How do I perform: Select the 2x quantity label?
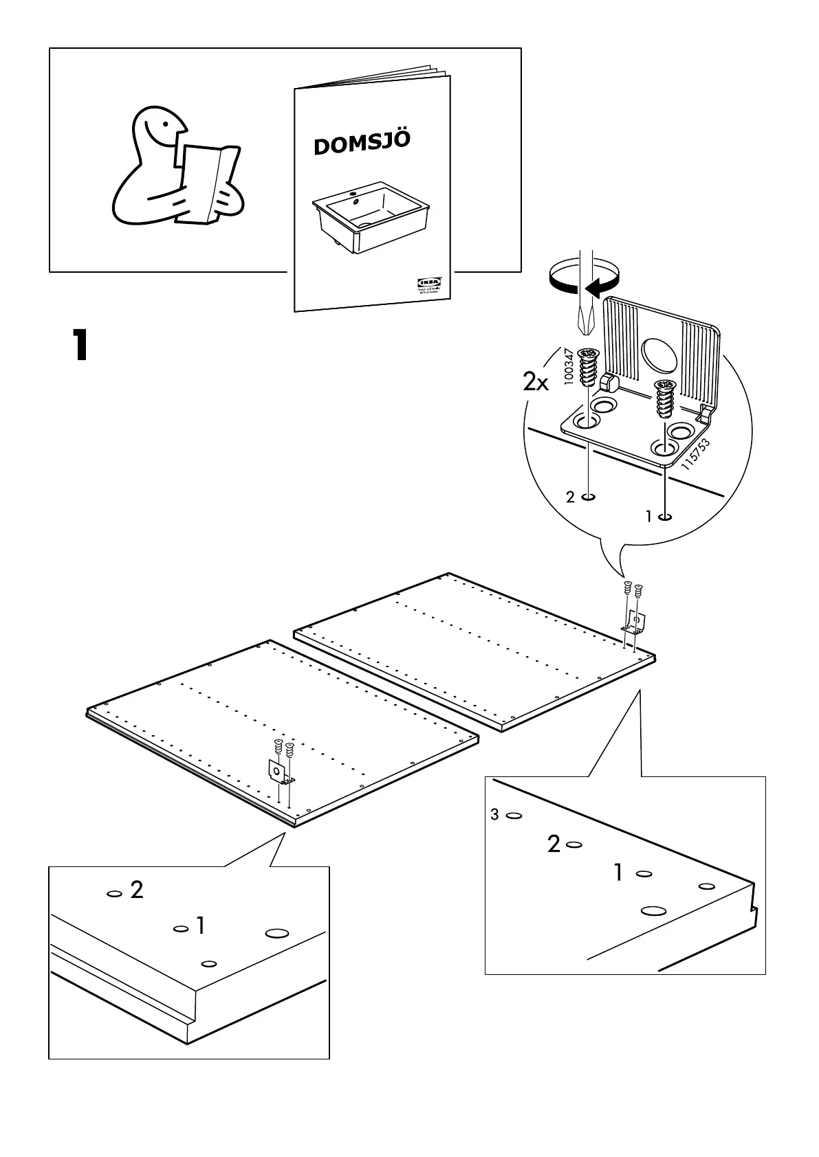pos(536,382)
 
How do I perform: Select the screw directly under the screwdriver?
pos(588,368)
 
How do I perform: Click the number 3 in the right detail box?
pos(494,815)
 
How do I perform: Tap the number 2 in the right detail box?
pos(554,844)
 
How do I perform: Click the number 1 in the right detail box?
pos(618,873)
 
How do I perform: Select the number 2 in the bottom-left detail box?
pos(137,890)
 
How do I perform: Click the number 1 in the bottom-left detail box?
pos(200,926)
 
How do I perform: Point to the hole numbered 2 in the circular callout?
pos(589,497)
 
